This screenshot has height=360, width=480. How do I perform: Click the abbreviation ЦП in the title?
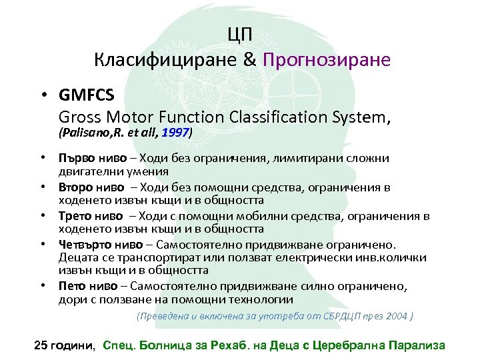tap(241, 35)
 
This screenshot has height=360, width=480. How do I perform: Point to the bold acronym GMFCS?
tap(86, 95)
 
